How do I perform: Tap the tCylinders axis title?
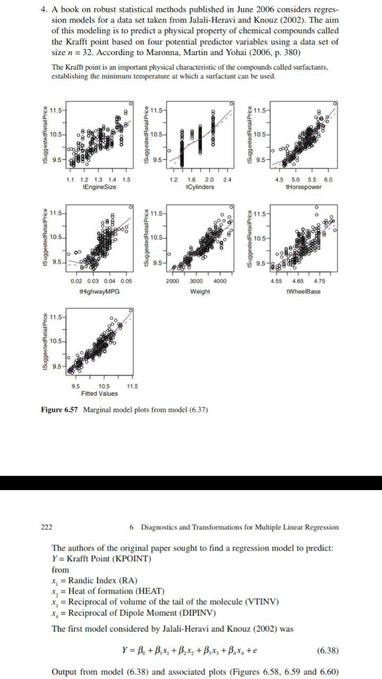coord(200,187)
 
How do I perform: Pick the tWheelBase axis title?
coord(306,290)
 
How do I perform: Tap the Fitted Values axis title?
coord(99,393)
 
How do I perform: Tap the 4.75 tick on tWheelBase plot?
coord(329,281)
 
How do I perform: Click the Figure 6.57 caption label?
coord(60,408)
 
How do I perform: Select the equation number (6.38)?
coord(328,649)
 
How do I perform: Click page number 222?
coord(46,527)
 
